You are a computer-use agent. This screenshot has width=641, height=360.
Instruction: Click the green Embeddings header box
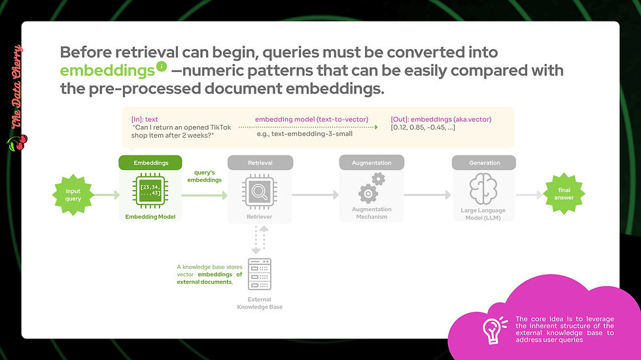point(150,163)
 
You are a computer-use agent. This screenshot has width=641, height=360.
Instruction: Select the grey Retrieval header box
point(260,163)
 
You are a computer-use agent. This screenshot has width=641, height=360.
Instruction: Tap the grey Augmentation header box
point(372,163)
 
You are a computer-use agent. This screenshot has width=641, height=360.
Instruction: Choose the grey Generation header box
point(484,163)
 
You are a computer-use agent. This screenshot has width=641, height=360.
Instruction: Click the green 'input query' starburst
point(73,195)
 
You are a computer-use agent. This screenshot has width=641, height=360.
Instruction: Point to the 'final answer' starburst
point(564,193)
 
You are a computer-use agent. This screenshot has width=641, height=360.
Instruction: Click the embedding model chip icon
point(150,191)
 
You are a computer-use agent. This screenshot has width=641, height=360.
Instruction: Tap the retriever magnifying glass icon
point(260,191)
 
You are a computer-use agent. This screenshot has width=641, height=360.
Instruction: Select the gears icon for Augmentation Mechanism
point(372,188)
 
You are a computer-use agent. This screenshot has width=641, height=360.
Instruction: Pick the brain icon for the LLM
point(483,189)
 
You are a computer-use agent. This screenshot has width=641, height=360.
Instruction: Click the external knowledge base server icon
point(260,274)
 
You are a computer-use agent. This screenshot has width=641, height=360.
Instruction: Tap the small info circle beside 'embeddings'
point(162,66)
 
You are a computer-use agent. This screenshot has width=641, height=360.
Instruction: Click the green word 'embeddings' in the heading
point(107,71)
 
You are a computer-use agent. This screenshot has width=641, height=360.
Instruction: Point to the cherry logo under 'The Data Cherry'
point(17,143)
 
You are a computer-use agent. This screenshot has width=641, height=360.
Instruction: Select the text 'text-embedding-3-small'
point(305,134)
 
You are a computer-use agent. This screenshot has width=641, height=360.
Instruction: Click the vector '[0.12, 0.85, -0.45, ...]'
point(423,127)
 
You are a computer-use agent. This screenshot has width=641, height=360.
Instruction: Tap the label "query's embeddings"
point(204,176)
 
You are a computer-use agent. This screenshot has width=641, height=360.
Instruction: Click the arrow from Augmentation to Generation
point(427,195)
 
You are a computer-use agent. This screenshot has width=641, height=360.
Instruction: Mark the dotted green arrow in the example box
point(308,127)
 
